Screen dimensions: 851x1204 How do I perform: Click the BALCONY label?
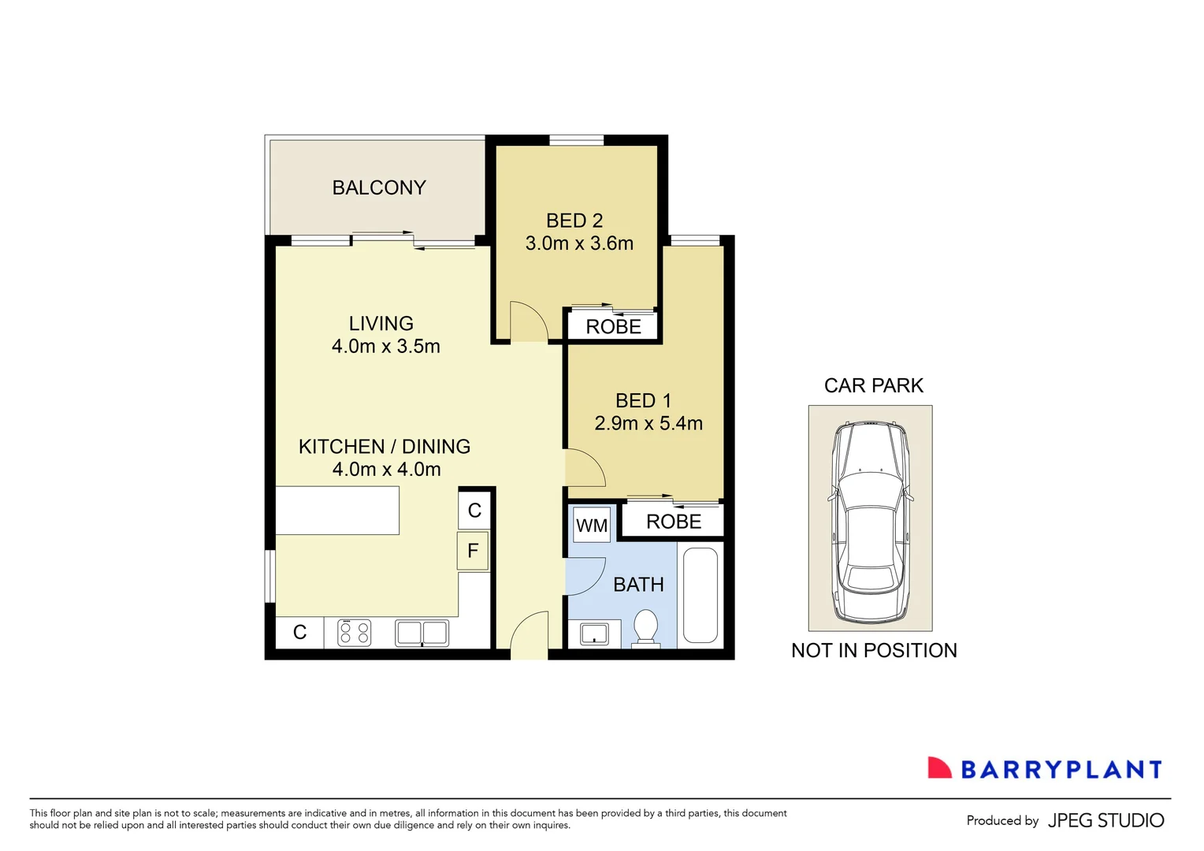(379, 188)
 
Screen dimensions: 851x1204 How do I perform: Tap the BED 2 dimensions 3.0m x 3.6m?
(579, 243)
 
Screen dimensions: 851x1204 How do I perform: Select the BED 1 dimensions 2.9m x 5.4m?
(648, 423)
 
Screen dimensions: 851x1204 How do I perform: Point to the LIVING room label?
(381, 324)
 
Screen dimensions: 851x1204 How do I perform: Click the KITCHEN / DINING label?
(385, 447)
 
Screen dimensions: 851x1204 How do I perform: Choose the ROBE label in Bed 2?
(613, 327)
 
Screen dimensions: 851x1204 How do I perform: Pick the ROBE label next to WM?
(673, 522)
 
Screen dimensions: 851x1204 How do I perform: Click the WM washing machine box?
(592, 526)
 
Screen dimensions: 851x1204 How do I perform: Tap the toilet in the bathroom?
(645, 628)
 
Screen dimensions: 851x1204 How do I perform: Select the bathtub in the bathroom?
(700, 595)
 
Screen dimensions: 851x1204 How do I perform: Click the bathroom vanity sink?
(594, 633)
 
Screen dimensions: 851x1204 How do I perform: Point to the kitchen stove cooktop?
(354, 633)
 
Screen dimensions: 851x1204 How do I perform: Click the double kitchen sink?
(422, 633)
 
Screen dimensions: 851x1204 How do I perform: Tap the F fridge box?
(473, 551)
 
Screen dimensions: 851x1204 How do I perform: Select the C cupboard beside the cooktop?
(299, 633)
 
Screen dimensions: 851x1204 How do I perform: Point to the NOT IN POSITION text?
(874, 651)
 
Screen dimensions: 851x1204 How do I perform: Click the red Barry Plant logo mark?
(938, 768)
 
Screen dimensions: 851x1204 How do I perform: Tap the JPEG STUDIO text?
(1106, 820)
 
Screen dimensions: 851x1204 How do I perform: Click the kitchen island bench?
(337, 511)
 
